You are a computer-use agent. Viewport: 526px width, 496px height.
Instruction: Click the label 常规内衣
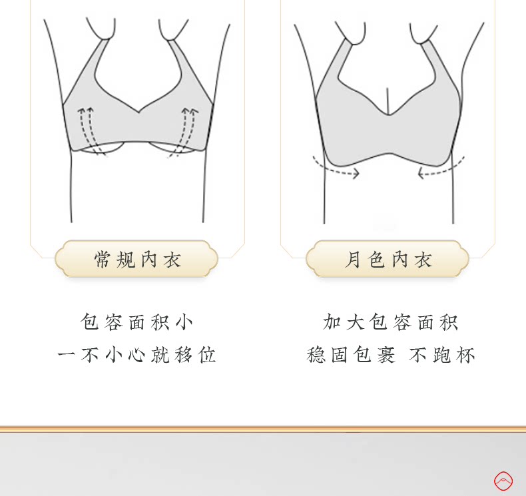pos(138,259)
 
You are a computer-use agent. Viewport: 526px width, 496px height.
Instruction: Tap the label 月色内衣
pos(388,259)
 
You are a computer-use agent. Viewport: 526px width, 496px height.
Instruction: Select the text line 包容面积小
pos(137,322)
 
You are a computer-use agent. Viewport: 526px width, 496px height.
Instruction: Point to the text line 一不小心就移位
pos(137,355)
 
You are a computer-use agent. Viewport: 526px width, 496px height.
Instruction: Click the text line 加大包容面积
pos(390,322)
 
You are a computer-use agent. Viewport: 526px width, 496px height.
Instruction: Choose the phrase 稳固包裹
pos(351,355)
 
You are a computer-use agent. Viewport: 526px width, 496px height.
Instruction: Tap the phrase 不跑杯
pos(442,355)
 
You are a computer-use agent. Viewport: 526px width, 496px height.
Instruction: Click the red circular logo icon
pos(503,481)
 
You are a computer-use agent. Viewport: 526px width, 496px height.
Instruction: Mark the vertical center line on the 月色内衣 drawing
pos(388,101)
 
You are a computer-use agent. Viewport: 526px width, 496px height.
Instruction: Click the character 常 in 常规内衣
pos(103,259)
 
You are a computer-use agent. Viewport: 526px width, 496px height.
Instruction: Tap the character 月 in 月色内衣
pos(353,259)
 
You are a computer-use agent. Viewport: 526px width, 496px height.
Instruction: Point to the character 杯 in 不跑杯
pos(465,355)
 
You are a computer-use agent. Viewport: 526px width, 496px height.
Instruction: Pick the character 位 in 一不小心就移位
pos(206,355)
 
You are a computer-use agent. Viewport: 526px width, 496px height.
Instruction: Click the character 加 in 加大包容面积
pos(332,322)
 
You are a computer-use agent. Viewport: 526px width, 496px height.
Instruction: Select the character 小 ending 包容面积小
pos(184,322)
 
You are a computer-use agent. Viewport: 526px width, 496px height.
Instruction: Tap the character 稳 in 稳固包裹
pos(316,355)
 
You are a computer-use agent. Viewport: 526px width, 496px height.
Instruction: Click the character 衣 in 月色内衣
pos(423,259)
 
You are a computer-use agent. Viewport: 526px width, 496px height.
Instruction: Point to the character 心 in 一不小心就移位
pos(136,355)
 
